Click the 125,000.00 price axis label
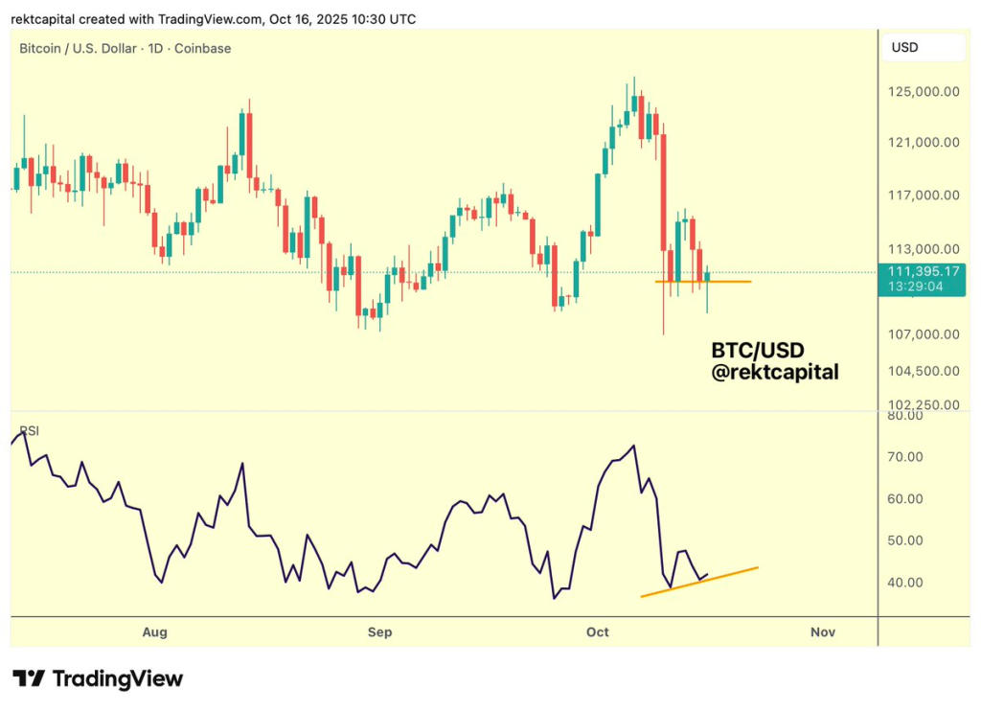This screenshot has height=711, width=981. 924,92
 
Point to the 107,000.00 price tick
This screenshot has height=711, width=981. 924,334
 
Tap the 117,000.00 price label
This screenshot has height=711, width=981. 924,195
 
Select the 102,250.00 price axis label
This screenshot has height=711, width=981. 924,404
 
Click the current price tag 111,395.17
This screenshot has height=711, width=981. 924,272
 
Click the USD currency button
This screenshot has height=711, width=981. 905,47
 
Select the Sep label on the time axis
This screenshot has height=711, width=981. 380,631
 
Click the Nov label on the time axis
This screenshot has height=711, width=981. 822,631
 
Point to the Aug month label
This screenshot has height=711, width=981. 154,631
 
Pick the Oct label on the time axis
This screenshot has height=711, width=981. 598,631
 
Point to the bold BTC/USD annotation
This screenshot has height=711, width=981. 758,350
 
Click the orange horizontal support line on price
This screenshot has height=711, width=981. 728,282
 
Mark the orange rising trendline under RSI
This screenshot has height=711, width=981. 699,582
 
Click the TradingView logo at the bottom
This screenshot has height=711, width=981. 97,678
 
